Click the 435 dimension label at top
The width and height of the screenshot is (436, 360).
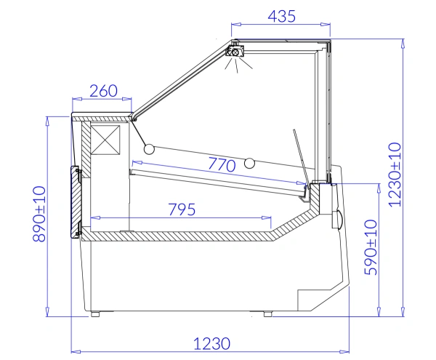(x=281, y=16)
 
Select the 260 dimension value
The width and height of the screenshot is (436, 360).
(x=103, y=91)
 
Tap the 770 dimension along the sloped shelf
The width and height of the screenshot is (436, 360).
(x=222, y=164)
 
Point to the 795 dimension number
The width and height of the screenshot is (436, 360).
(x=182, y=209)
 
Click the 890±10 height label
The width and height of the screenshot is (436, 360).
(x=39, y=214)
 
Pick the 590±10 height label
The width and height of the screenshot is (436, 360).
(x=371, y=247)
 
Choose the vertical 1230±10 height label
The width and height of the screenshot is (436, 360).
(x=395, y=175)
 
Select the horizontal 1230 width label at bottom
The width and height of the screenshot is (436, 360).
(x=212, y=343)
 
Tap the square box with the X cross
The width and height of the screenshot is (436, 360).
(x=105, y=140)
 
